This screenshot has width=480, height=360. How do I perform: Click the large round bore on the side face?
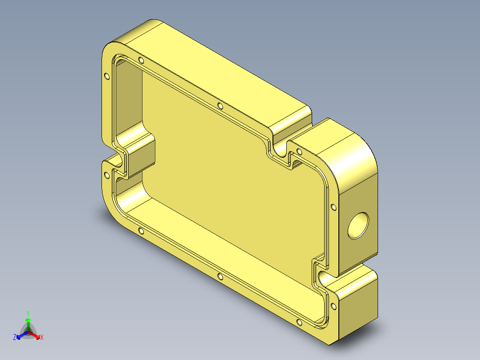[x=358, y=225]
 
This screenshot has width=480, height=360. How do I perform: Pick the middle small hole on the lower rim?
[x=220, y=277]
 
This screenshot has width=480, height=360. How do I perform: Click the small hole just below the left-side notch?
[x=106, y=174]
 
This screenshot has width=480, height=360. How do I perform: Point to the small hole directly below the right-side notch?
[x=334, y=305]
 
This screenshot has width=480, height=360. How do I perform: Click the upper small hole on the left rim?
[x=106, y=76]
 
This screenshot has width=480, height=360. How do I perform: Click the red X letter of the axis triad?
[x=42, y=338]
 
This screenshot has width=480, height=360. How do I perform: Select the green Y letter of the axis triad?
[x=28, y=313]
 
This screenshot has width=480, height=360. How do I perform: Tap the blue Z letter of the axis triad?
[x=15, y=338]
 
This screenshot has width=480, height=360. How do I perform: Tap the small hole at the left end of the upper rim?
[x=141, y=60]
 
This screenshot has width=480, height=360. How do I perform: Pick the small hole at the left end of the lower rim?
[x=141, y=230]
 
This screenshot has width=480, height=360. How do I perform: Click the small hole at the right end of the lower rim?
[x=298, y=322]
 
